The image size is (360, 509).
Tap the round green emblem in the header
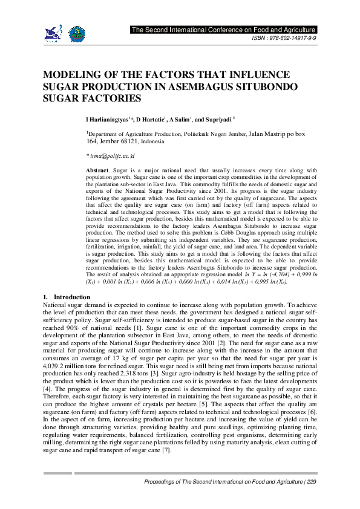(x=76, y=32)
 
